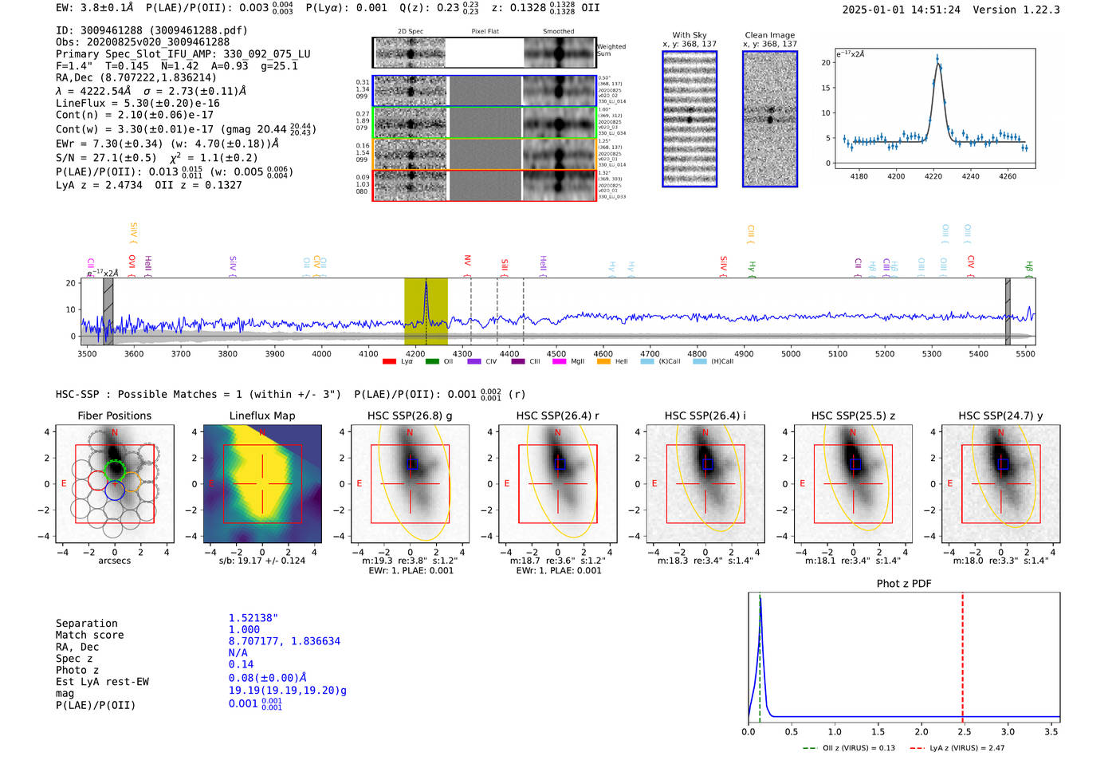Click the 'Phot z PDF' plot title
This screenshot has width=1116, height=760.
pyautogui.click(x=903, y=584)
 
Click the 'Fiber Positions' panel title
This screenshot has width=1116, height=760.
pyautogui.click(x=114, y=415)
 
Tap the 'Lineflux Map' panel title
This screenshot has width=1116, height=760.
pyautogui.click(x=261, y=415)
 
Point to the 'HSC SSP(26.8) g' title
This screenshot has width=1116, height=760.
pyautogui.click(x=410, y=415)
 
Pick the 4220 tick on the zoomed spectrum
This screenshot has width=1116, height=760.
pyautogui.click(x=933, y=176)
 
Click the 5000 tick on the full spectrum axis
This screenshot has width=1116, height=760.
pyautogui.click(x=791, y=354)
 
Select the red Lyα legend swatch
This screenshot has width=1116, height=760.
pyautogui.click(x=389, y=362)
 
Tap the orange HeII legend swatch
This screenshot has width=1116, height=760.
pyautogui.click(x=603, y=362)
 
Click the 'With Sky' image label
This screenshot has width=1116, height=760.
pyautogui.click(x=689, y=35)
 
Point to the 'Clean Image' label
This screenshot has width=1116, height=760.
pyautogui.click(x=769, y=35)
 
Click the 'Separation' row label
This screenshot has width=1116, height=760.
pyautogui.click(x=86, y=624)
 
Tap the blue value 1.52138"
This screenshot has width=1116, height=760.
pyautogui.click(x=253, y=618)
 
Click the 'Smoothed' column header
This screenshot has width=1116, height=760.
pyautogui.click(x=558, y=32)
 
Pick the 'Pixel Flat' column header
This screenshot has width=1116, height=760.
pyautogui.click(x=485, y=32)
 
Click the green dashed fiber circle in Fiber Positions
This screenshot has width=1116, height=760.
pyautogui.click(x=115, y=470)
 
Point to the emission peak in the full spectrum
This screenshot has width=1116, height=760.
pyautogui.click(x=426, y=283)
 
